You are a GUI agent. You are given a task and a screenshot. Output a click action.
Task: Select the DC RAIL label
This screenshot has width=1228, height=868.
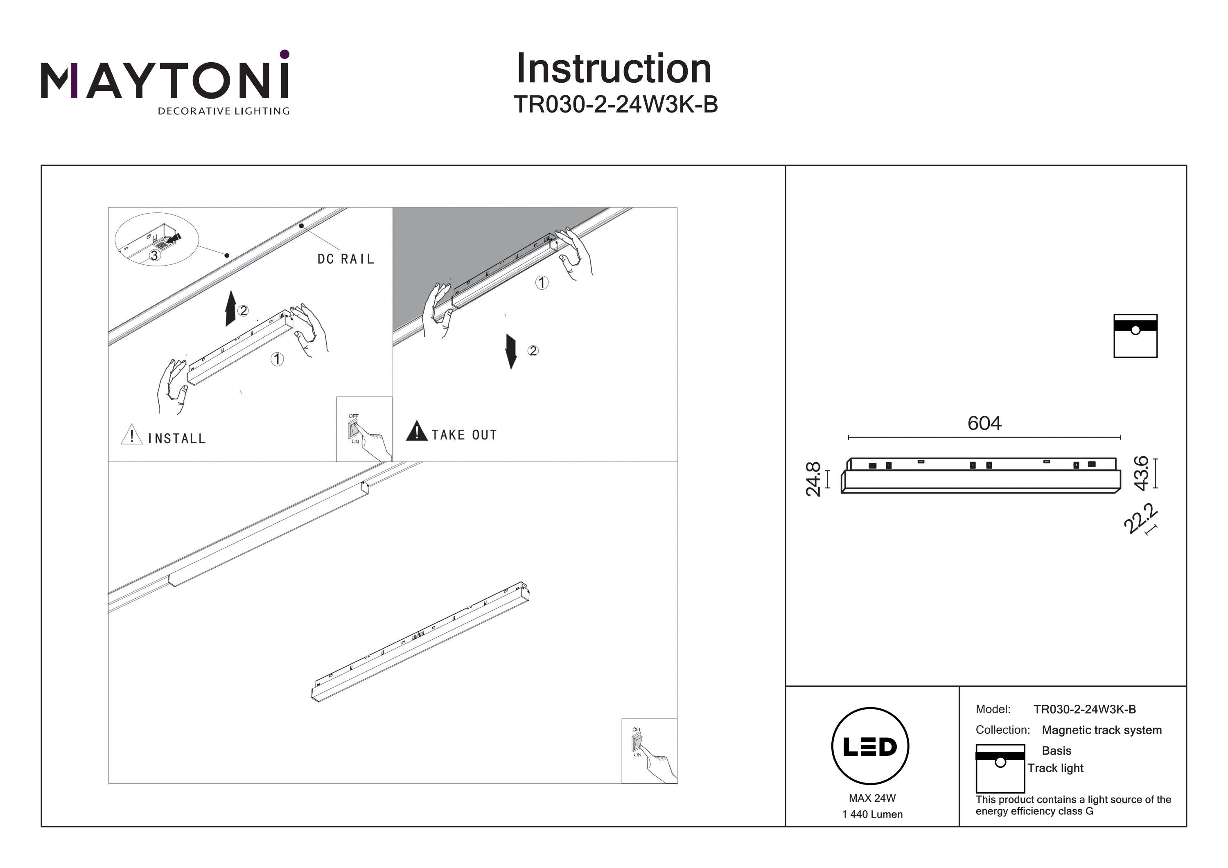coord(345,259)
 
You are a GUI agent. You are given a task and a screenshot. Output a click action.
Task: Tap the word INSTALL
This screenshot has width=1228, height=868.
coord(176,439)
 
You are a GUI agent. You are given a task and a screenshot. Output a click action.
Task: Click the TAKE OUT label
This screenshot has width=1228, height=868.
coord(464,435)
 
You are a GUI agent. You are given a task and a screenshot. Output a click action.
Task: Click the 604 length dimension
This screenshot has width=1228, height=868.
coord(984,424)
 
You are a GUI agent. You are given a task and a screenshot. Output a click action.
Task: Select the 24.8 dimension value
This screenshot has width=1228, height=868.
coord(813,479)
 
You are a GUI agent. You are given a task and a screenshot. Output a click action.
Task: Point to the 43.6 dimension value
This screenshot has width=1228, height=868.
coord(1141,473)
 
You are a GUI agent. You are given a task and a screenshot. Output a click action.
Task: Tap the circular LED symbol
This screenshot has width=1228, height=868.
coord(870,746)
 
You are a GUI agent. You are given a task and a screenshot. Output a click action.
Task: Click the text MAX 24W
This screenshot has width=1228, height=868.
coord(872,798)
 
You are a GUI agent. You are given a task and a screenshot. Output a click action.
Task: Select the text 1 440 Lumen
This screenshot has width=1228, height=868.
coord(872,814)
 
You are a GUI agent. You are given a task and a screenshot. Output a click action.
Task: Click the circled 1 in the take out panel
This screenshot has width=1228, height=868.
coord(542,282)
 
